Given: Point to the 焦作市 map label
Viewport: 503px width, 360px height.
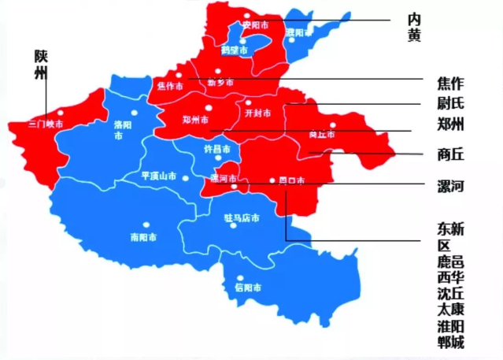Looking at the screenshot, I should tap(170, 85).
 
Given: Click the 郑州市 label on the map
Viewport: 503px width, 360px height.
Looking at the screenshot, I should tap(194, 121).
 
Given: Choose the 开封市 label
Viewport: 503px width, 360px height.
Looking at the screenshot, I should tap(258, 113).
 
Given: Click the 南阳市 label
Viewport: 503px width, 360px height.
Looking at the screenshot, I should tap(142, 236).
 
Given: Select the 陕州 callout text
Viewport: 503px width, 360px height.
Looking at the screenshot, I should tap(41, 65).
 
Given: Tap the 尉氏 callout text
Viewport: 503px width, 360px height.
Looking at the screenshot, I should tap(450, 102).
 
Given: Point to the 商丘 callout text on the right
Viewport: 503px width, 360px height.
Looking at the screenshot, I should tap(450, 154).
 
